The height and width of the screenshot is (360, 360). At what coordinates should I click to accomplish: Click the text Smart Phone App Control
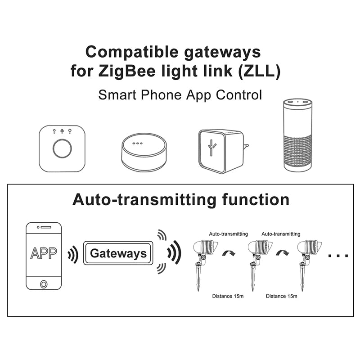(180, 95)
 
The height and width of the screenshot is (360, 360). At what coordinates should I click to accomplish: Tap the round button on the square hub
(62, 148)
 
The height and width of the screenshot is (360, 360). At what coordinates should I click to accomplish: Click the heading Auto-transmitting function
(180, 199)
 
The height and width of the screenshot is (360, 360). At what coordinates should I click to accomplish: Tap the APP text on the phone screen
(44, 253)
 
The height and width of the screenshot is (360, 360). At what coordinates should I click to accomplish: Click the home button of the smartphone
(44, 284)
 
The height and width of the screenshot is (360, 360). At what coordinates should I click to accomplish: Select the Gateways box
(118, 253)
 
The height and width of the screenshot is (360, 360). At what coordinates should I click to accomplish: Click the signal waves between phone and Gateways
(72, 255)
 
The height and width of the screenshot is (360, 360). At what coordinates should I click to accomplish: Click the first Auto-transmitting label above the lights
(229, 234)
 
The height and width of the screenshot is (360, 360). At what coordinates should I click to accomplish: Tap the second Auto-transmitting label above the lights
(281, 234)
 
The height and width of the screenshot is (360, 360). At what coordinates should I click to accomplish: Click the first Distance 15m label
(229, 296)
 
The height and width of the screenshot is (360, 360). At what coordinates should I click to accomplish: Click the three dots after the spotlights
(338, 256)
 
